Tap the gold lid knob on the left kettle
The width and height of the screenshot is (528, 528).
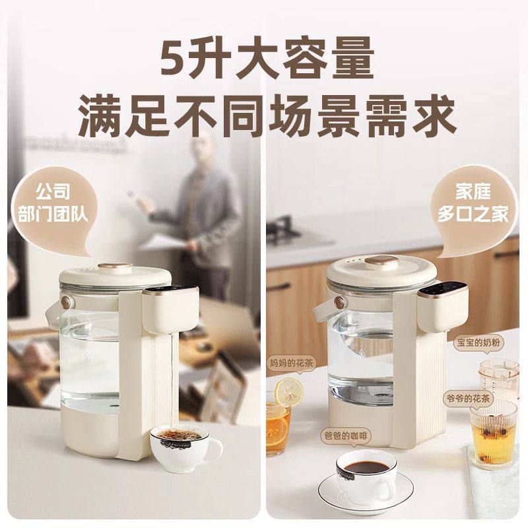click(115, 268)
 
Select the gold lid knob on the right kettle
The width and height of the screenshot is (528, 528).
click(381, 262)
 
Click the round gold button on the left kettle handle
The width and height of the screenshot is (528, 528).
click(66, 302)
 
